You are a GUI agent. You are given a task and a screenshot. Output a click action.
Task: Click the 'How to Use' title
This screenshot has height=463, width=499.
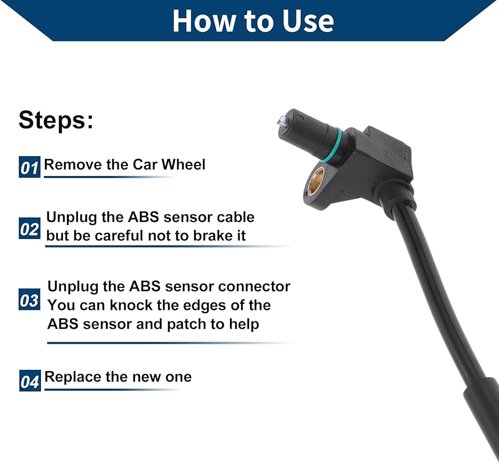(253, 21)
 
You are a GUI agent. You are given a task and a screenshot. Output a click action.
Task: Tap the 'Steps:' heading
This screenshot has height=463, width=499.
(56, 120)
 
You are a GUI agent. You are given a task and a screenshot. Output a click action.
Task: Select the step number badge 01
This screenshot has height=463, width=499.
(29, 167)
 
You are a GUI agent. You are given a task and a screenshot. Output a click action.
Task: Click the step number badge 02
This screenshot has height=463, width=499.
(29, 229)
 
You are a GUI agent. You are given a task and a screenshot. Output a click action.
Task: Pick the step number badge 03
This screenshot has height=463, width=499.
(29, 299)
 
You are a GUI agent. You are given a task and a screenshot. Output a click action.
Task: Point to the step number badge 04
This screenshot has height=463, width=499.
(30, 381)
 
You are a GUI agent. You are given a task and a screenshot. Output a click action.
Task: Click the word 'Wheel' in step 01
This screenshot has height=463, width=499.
(183, 165)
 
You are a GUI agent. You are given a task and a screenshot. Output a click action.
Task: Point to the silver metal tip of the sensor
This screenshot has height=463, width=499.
(282, 121)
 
